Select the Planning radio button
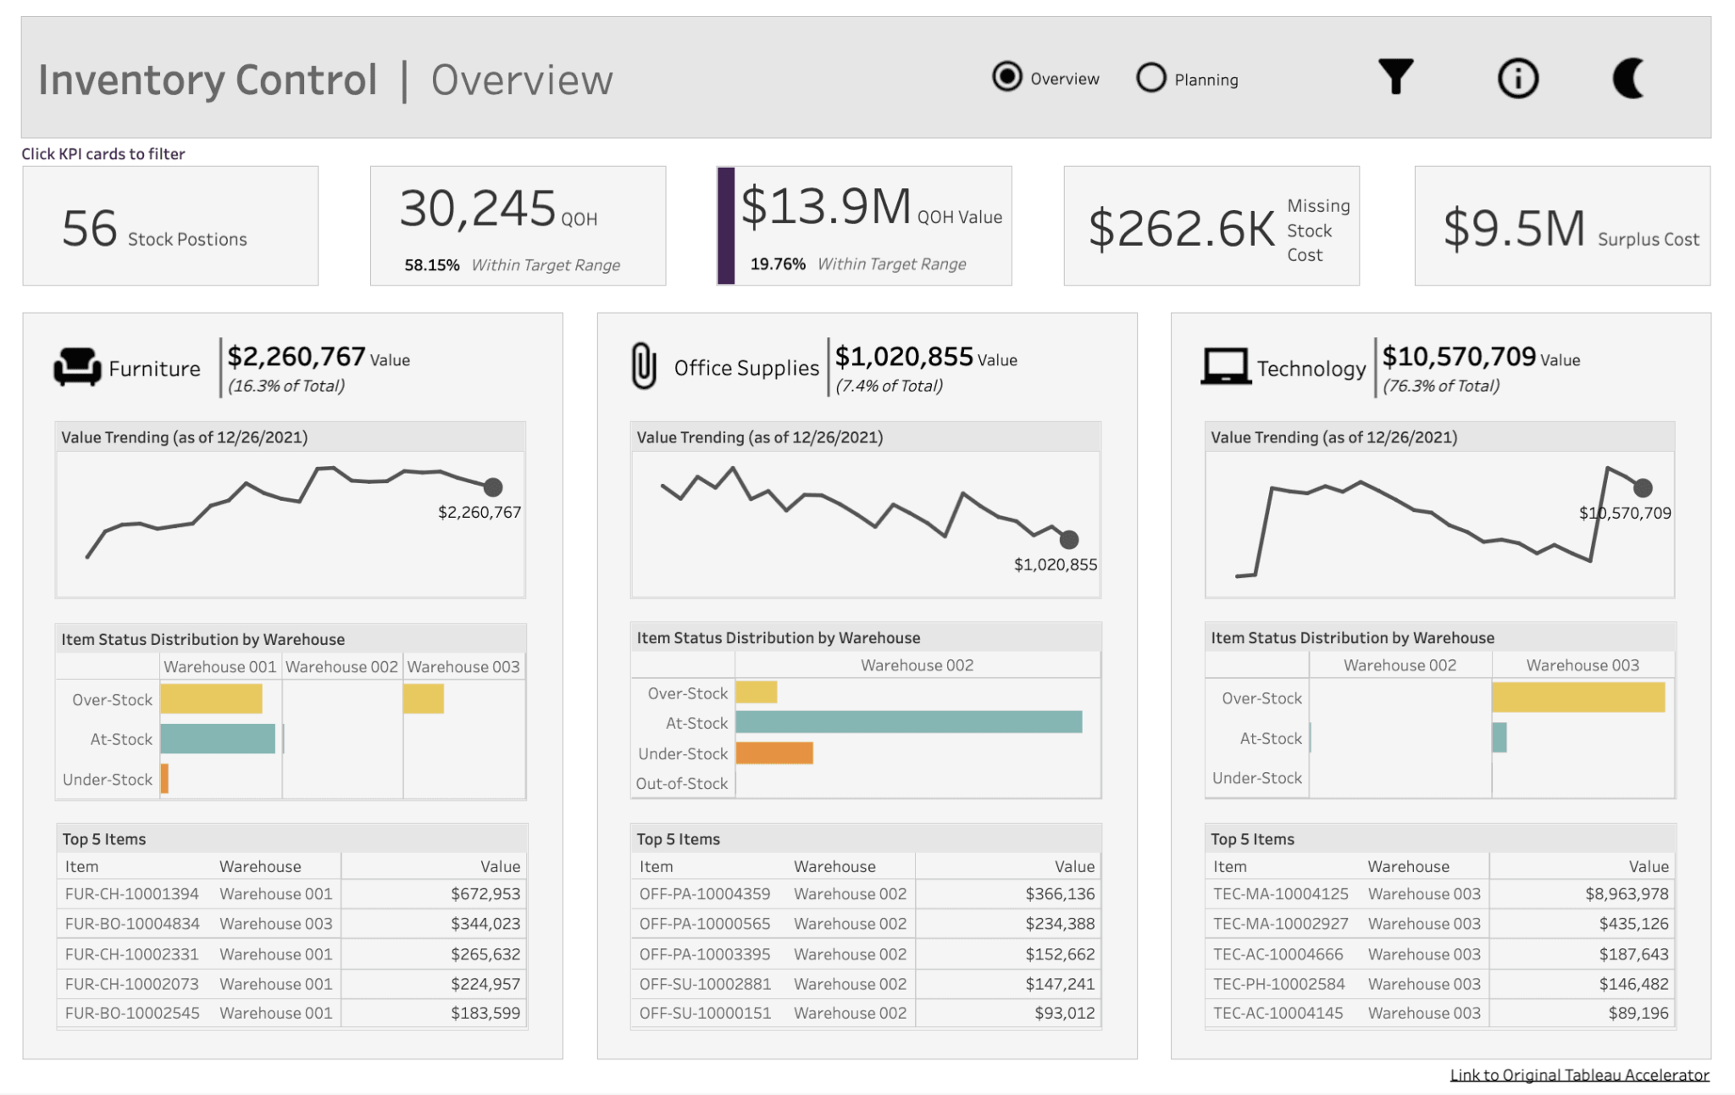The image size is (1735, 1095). (1151, 78)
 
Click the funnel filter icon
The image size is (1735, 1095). (1395, 77)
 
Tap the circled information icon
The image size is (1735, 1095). (1517, 79)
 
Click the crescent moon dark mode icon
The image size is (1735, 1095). (1628, 78)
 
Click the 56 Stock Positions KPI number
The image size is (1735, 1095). (90, 229)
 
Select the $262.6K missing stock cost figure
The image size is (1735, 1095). (1181, 229)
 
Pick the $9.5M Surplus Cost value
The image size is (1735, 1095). (1514, 229)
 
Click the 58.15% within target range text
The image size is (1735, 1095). (432, 265)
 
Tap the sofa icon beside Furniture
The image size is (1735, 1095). (77, 368)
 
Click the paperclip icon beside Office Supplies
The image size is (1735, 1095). (644, 366)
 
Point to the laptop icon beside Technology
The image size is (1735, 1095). (1225, 367)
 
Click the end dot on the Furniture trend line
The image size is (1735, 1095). (493, 487)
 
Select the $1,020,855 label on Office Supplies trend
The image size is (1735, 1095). (1055, 564)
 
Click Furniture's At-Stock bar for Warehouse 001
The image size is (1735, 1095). (218, 739)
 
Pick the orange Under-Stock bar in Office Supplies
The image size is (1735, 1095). (774, 753)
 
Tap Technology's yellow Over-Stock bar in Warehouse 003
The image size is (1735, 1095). (1577, 698)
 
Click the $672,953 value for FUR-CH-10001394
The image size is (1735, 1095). (485, 894)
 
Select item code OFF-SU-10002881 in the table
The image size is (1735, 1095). (705, 984)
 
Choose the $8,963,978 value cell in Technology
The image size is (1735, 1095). (1627, 894)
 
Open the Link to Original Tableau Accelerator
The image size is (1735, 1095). (1579, 1075)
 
